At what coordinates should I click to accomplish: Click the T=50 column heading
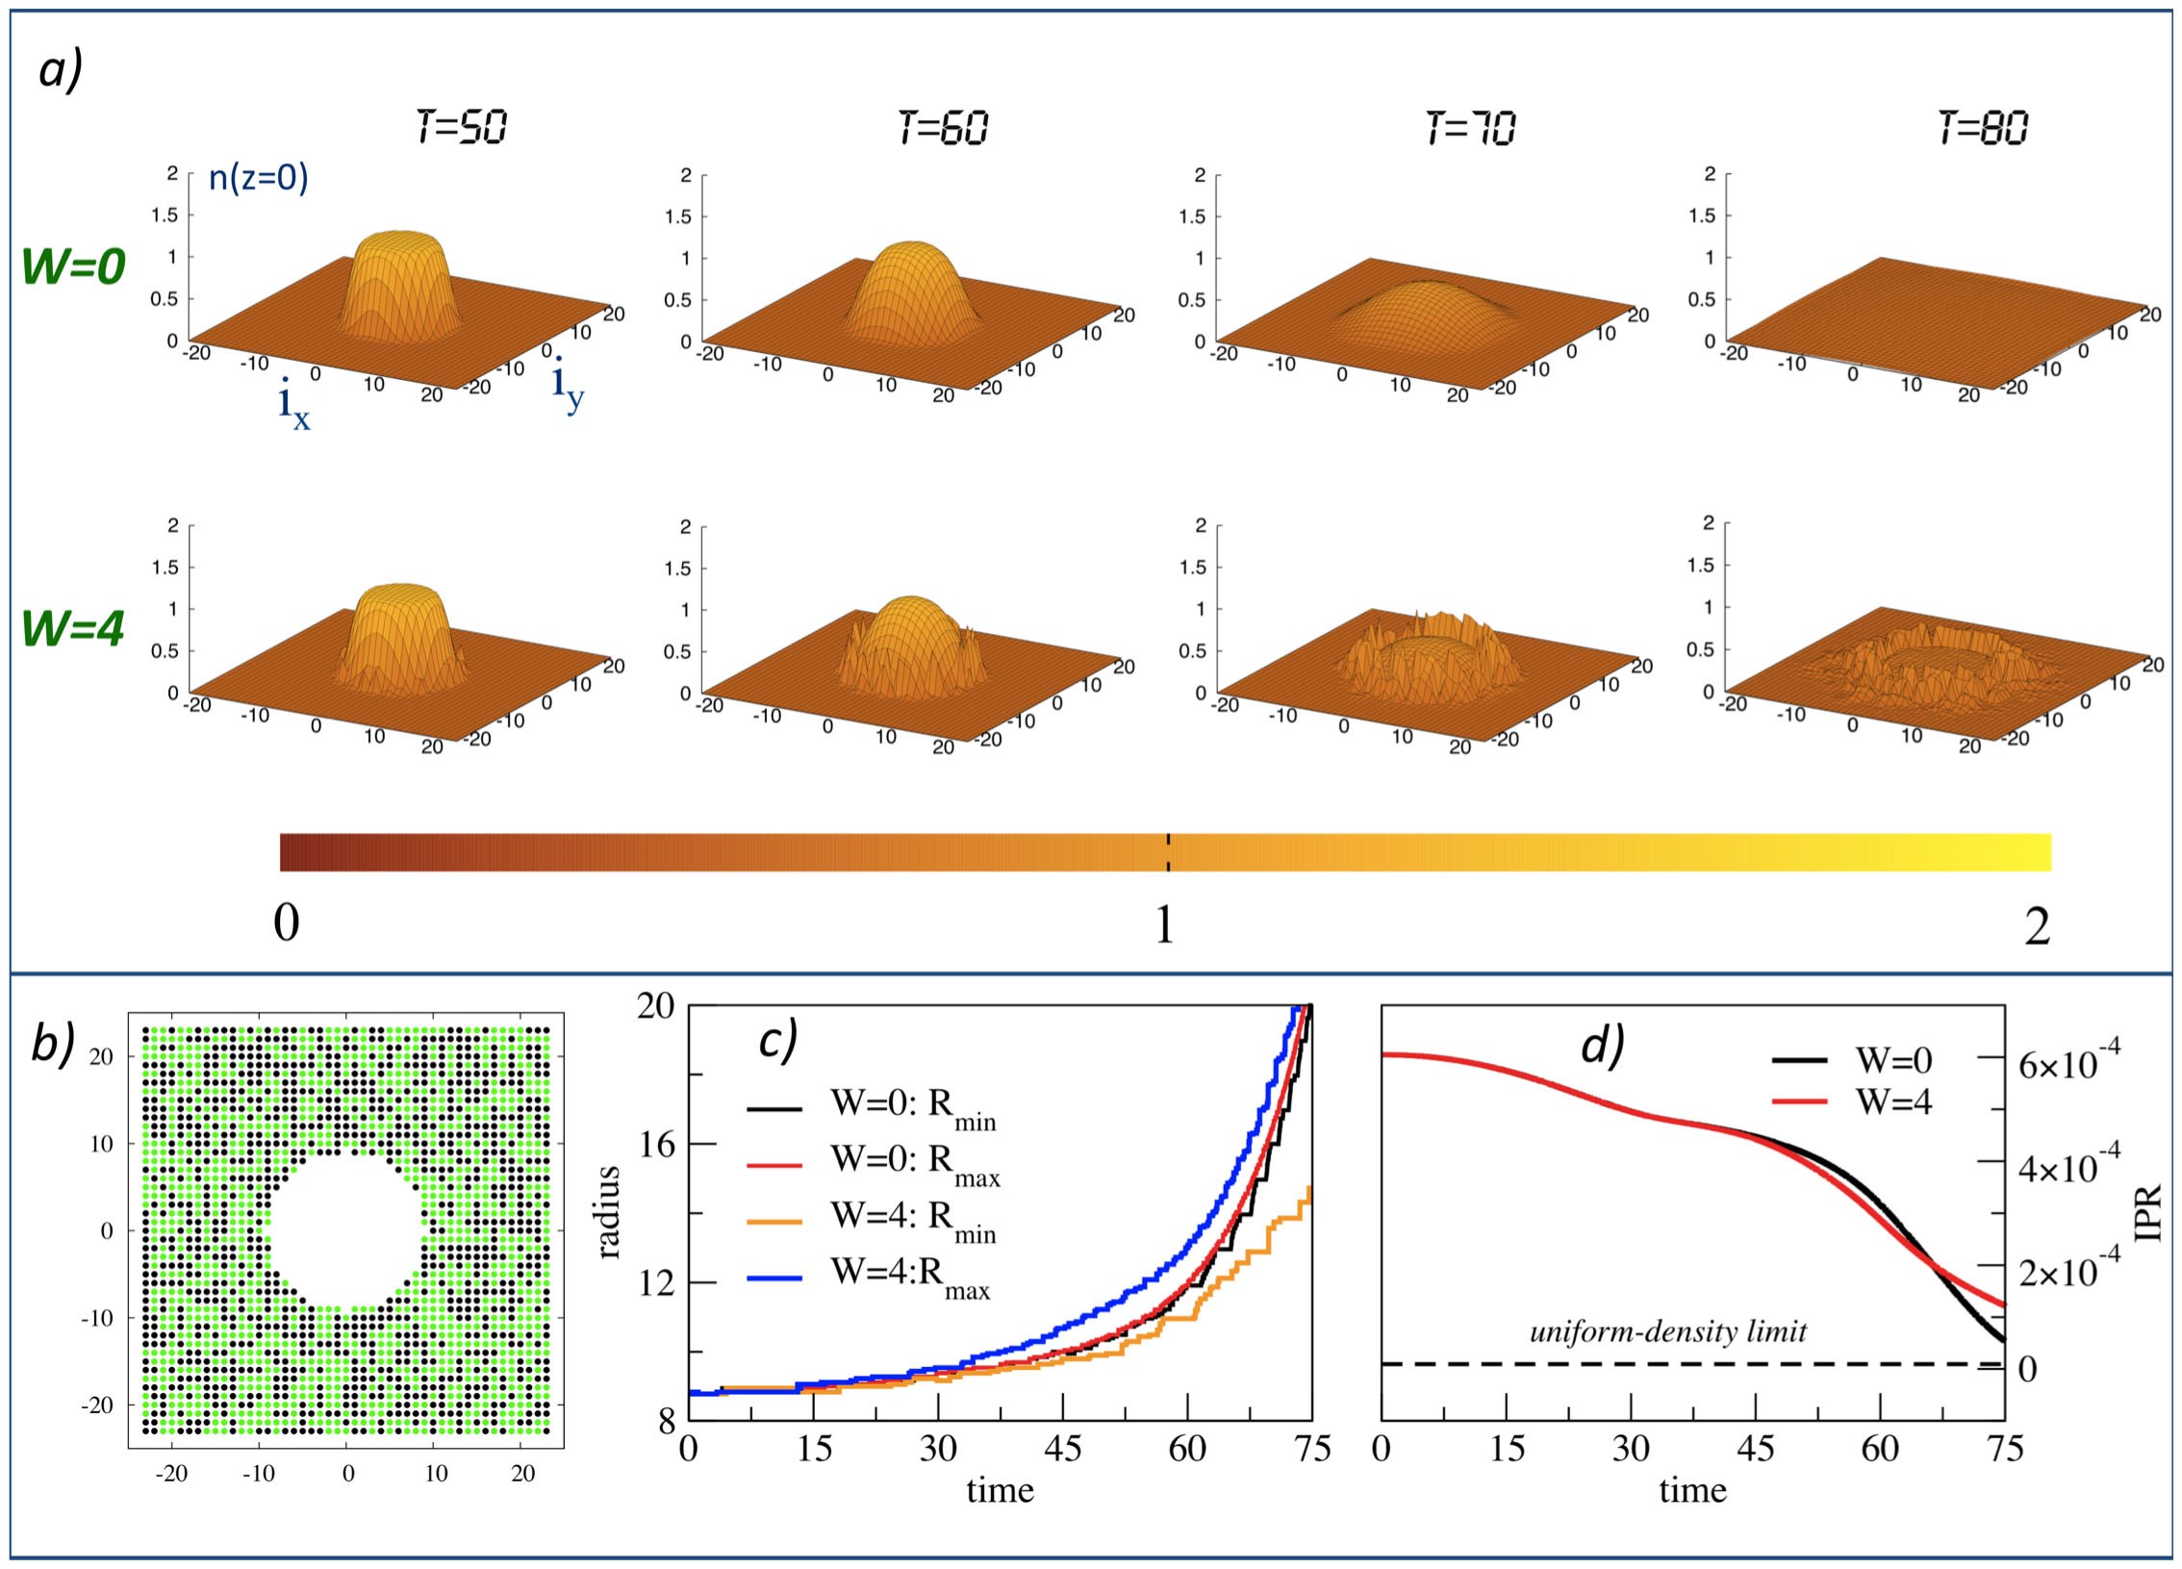(462, 126)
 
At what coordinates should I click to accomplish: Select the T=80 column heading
(1983, 126)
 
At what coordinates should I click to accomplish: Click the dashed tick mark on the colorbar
(1167, 852)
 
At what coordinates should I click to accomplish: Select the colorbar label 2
(2037, 927)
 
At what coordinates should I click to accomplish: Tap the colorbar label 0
(286, 924)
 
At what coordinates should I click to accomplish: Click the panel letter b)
(53, 1043)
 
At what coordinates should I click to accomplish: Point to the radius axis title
(609, 1211)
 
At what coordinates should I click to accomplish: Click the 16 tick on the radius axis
(659, 1144)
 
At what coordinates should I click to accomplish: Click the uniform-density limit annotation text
(1668, 1331)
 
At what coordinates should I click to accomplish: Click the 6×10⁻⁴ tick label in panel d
(2068, 1062)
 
